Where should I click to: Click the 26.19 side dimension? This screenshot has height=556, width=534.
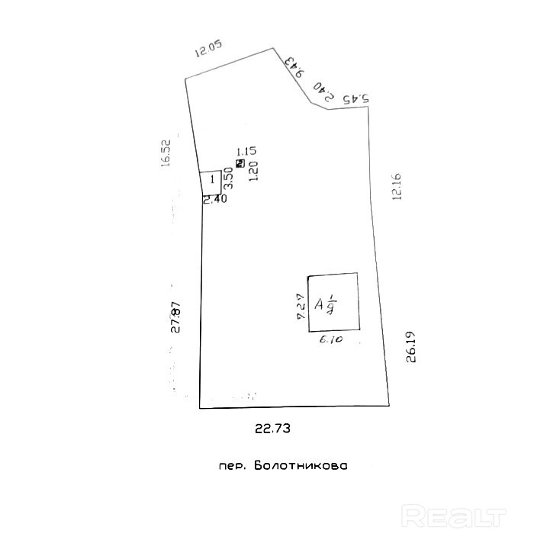[411, 348]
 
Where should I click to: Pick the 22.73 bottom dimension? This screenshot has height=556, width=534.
[272, 429]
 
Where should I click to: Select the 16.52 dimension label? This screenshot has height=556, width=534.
[165, 152]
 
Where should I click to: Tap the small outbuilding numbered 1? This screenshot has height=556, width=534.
[211, 182]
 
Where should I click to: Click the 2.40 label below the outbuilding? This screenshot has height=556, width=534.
[214, 200]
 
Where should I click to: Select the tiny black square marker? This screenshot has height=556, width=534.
[241, 163]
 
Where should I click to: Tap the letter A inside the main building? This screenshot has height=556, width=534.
[320, 305]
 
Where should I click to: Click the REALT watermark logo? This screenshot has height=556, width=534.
[453, 516]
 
